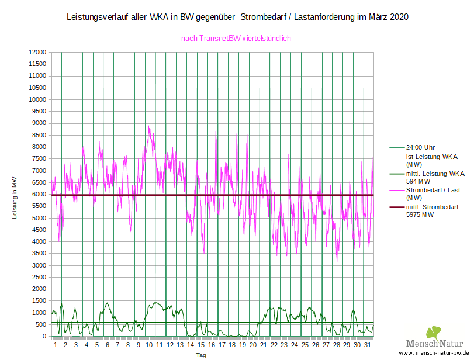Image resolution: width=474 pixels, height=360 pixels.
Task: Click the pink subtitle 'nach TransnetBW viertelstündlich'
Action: point(236,39)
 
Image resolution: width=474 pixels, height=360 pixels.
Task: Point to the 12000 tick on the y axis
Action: point(37,52)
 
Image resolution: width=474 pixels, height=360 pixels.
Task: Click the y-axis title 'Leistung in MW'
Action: point(15,198)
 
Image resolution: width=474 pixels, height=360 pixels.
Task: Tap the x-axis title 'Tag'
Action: point(201,355)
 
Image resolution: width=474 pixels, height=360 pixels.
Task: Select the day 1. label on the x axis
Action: point(56,345)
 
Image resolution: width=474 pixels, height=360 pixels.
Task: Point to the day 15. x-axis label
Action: point(202,345)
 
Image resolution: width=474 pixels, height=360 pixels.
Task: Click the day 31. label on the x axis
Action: point(368,345)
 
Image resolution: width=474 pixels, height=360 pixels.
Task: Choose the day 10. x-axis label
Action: point(150,345)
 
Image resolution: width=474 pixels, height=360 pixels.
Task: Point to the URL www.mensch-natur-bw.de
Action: point(434,354)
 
